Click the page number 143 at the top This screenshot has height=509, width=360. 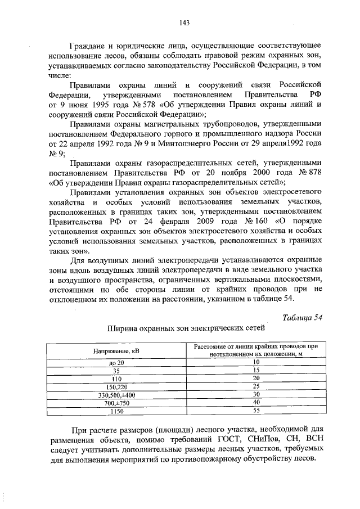pos(183,23)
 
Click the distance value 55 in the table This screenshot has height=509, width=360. pos(256,411)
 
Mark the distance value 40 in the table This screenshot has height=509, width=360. pos(256,403)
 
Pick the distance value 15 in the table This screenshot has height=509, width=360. pos(256,370)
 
